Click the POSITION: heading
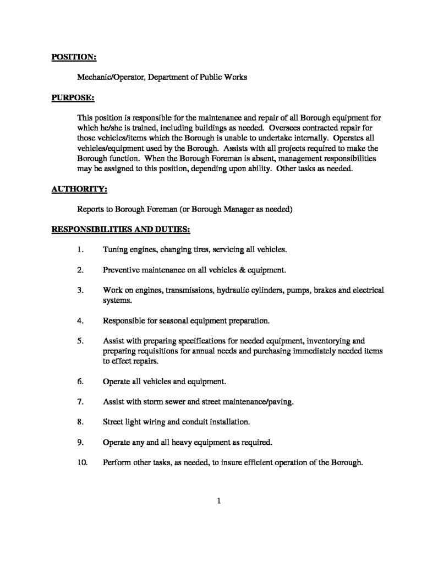tap(74, 57)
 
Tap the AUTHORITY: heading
tap(79, 189)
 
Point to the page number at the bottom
tap(219, 500)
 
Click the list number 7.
tap(80, 401)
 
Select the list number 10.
tap(83, 462)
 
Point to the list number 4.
tap(80, 320)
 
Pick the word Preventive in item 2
tap(121, 270)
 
